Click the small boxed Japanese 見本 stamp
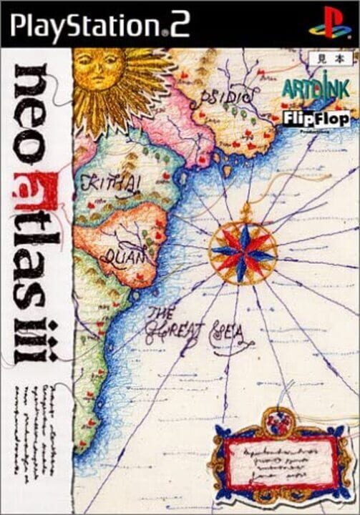(x=332, y=55)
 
